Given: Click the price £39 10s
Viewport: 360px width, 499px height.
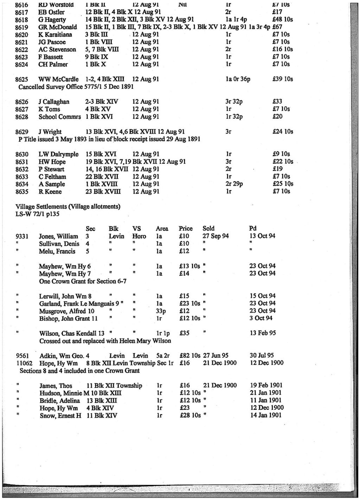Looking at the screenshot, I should tap(282, 79).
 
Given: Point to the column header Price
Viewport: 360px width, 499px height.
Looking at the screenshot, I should tap(186, 228).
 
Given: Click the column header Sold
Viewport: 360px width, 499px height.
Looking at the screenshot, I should tap(208, 228).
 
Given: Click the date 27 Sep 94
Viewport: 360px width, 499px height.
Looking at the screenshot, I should tap(216, 236).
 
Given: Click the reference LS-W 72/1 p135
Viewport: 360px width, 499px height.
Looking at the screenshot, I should tap(38, 214).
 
